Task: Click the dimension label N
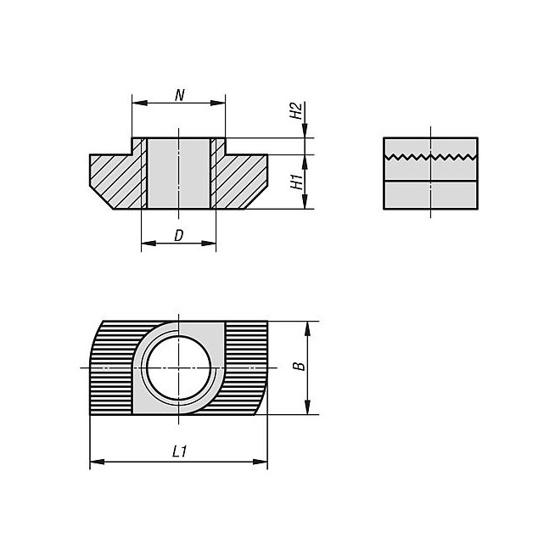180,95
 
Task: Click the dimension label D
179,235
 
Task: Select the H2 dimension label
296,110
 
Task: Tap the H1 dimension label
297,182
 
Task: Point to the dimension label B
300,366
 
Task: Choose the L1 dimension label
179,451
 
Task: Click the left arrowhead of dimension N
139,103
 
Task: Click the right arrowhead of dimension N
218,103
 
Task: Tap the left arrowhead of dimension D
149,244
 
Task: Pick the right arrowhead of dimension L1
261,462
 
